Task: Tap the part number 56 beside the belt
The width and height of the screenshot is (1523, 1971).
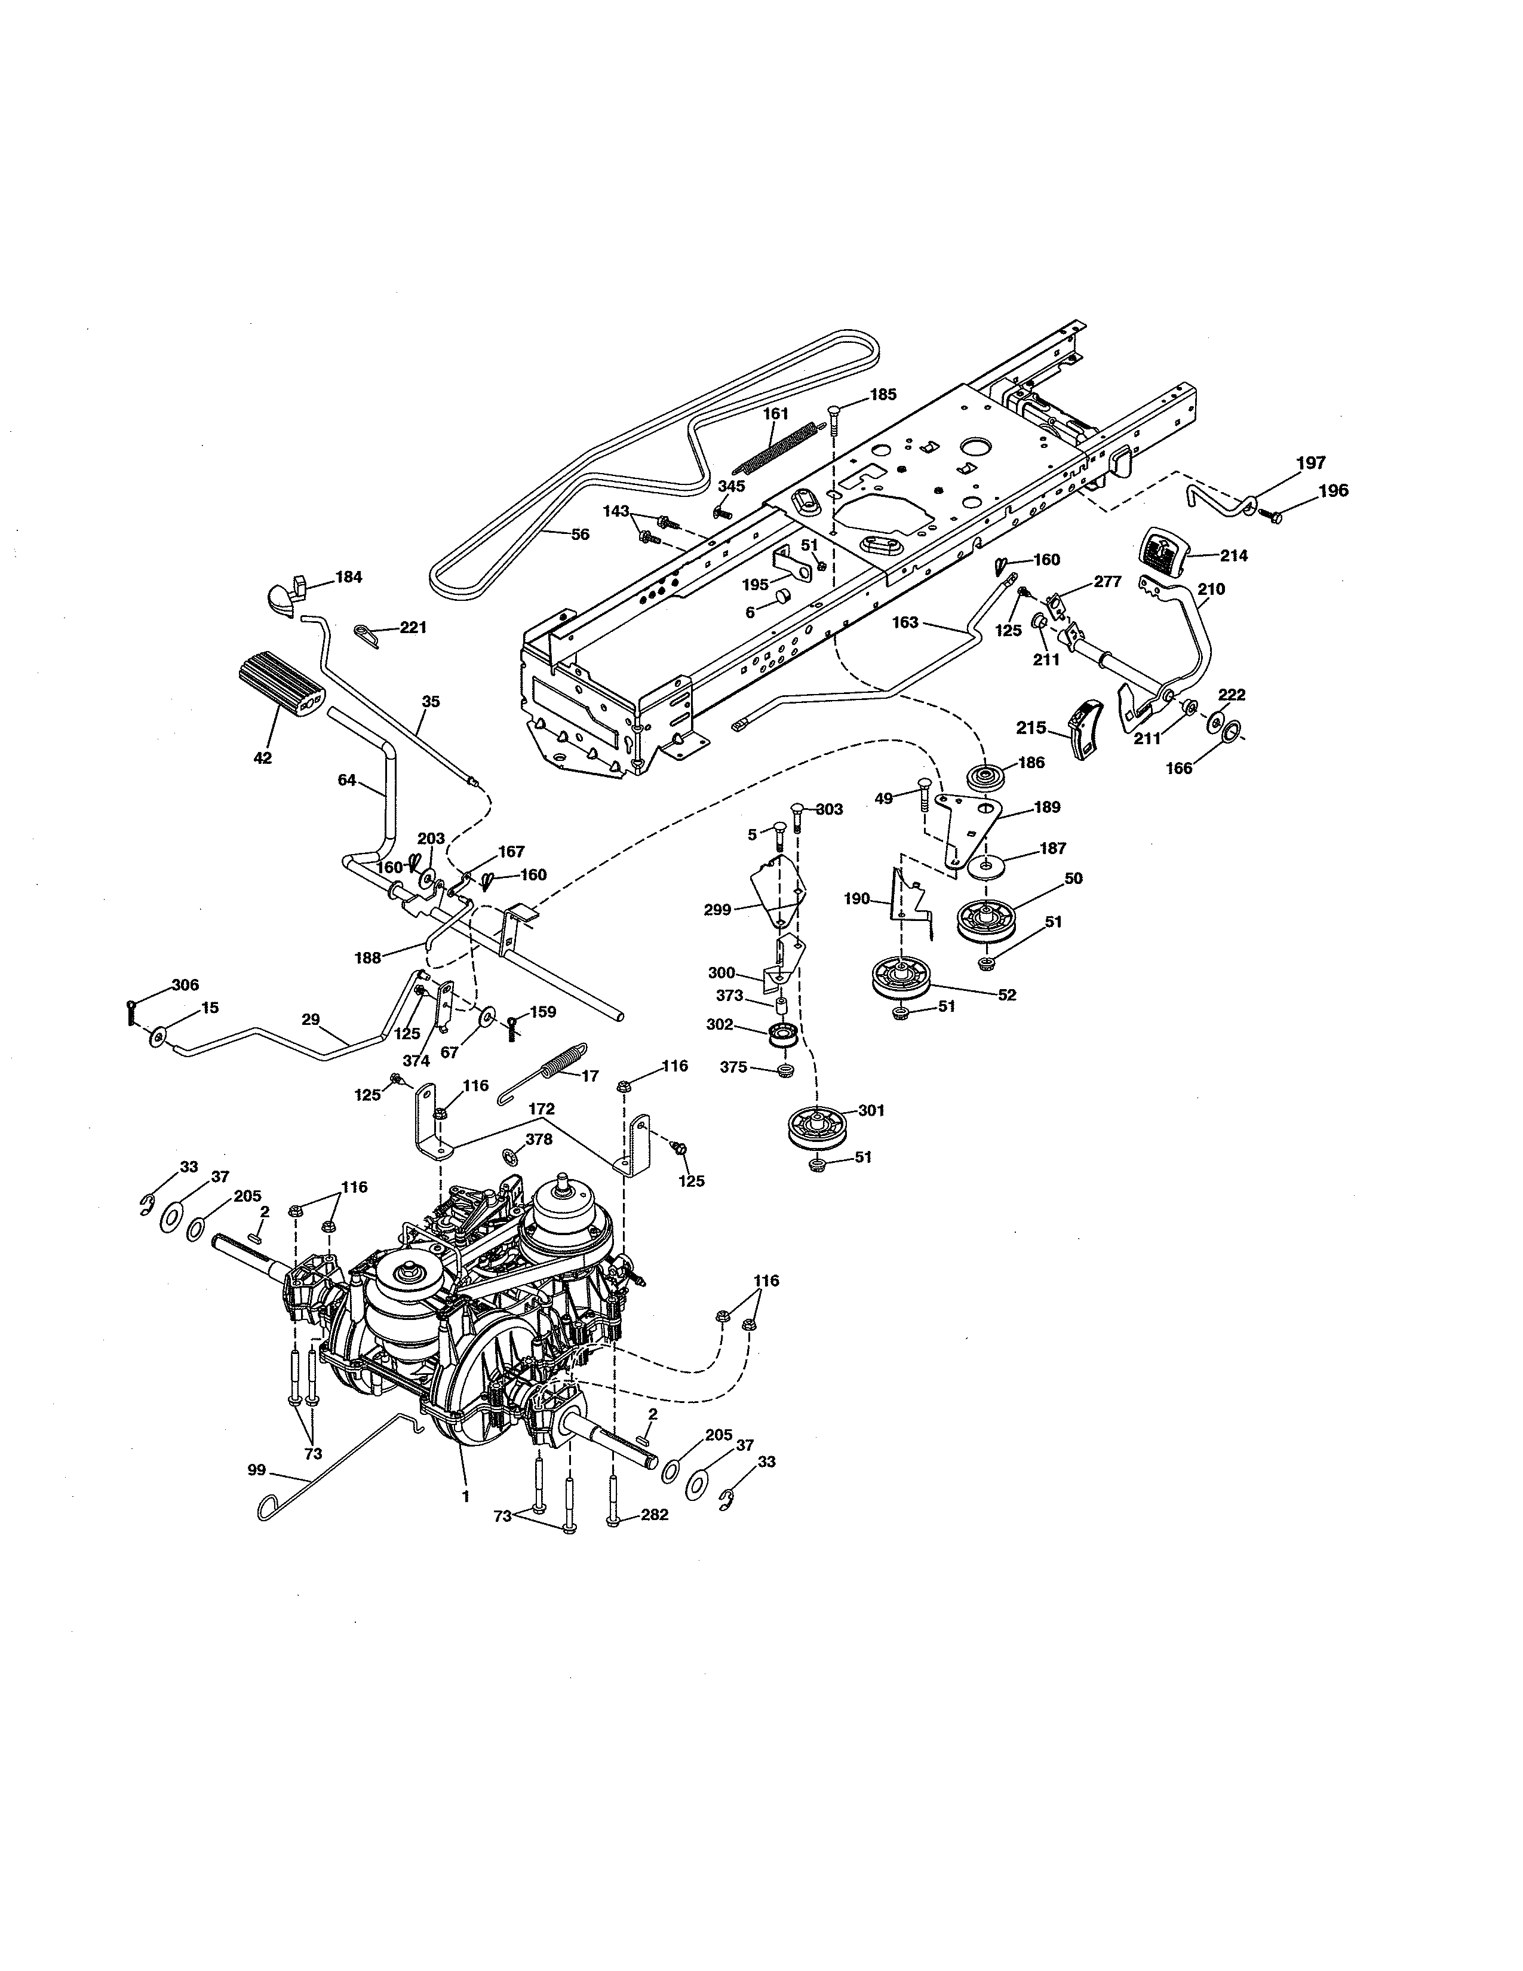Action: [x=580, y=535]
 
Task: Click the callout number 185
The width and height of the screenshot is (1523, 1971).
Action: [x=882, y=394]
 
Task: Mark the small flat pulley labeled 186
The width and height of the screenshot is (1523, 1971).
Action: [x=985, y=776]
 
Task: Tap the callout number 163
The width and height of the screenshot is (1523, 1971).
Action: [x=904, y=623]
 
